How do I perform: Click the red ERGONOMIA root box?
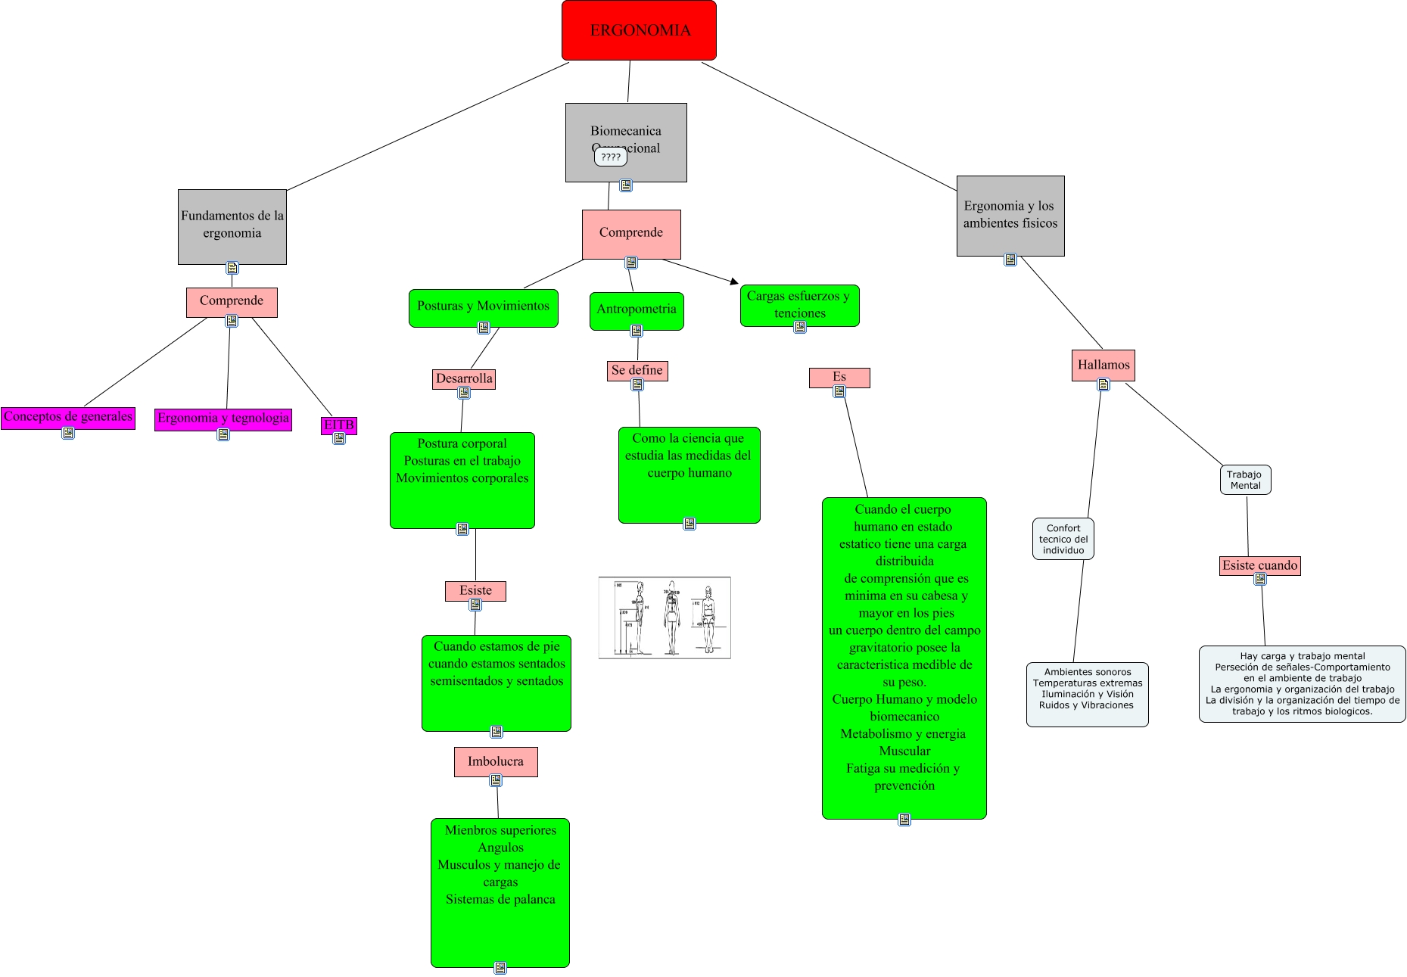tap(639, 30)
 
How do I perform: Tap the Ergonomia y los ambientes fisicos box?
tap(1010, 215)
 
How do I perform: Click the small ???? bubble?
tap(610, 157)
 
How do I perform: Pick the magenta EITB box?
tap(338, 425)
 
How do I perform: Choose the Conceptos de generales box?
tap(68, 417)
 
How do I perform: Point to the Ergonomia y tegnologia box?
tap(223, 418)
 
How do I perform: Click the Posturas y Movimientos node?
tap(483, 306)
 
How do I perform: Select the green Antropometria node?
tap(636, 310)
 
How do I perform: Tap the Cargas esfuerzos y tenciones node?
tap(799, 304)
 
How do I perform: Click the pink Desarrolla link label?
tap(464, 378)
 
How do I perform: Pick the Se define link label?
tap(637, 370)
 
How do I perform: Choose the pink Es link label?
tap(839, 377)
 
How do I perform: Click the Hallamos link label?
tap(1103, 365)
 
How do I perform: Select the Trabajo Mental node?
tap(1245, 480)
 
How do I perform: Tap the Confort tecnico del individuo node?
tap(1063, 539)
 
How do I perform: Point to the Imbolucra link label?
tap(496, 761)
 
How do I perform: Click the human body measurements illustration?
tap(665, 618)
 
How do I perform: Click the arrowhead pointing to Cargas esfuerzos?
tap(734, 282)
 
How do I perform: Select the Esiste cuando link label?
tap(1259, 565)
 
